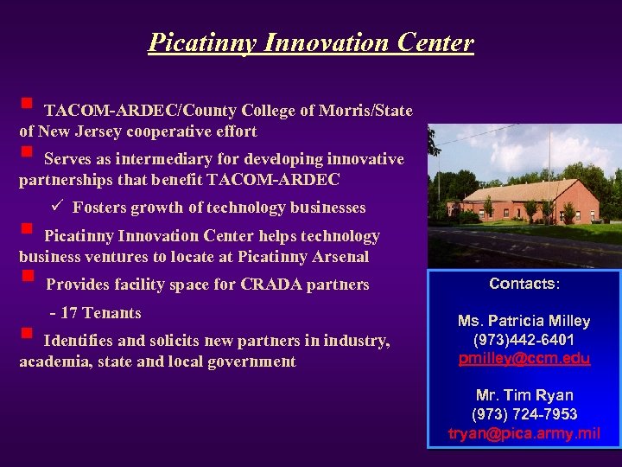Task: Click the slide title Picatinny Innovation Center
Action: pos(311,42)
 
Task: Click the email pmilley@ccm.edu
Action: pos(524,358)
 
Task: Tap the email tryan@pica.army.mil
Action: pos(524,433)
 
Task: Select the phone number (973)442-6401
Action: pos(524,340)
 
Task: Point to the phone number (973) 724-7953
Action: pos(524,414)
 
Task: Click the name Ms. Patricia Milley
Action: pos(524,321)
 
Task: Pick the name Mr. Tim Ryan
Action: pos(524,395)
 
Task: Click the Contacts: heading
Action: pos(524,284)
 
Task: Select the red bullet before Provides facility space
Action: pos(27,278)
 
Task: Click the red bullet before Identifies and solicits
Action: pos(26,333)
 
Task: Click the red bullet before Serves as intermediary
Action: pos(26,152)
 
